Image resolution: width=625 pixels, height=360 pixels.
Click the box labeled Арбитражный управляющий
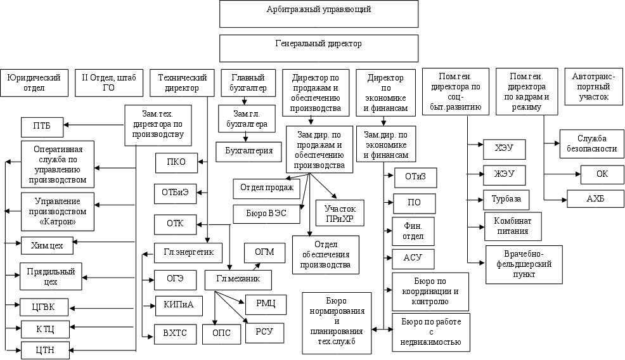click(x=319, y=13)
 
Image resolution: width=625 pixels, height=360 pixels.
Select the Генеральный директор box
click(x=319, y=48)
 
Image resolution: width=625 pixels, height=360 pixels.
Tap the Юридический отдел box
click(x=34, y=82)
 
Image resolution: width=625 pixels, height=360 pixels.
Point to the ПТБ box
click(x=42, y=127)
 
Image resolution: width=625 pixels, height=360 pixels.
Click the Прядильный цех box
click(x=50, y=276)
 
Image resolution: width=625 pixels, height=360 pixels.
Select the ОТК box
click(x=175, y=224)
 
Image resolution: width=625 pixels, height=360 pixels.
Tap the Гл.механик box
click(x=238, y=279)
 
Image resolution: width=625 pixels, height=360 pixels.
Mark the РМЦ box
click(x=266, y=304)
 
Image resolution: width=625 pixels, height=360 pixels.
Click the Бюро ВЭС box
click(x=266, y=214)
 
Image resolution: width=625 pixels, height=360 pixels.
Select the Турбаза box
click(x=506, y=199)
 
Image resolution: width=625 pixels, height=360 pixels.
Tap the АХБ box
click(x=595, y=198)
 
